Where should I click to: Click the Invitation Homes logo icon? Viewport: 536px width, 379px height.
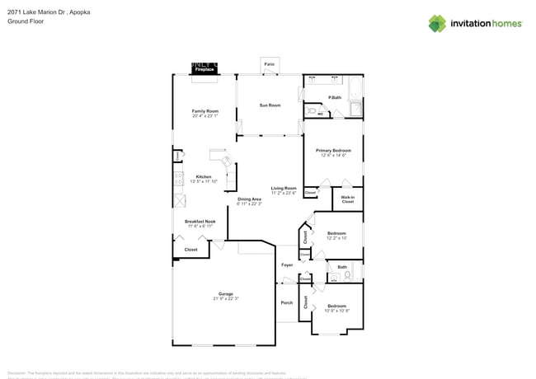(x=437, y=23)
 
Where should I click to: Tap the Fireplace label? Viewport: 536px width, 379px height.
(x=204, y=70)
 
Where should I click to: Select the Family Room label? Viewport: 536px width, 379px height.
(x=205, y=111)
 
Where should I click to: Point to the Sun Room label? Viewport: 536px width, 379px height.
(x=270, y=105)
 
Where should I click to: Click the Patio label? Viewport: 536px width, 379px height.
(x=269, y=63)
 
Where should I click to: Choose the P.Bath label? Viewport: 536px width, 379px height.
(x=335, y=98)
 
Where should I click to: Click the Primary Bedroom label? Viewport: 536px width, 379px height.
(x=334, y=151)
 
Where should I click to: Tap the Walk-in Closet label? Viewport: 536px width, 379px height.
(x=348, y=199)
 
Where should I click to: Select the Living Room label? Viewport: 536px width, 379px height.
(x=284, y=189)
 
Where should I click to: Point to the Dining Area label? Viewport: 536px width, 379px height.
(x=249, y=199)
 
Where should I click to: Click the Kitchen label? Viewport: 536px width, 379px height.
(x=204, y=177)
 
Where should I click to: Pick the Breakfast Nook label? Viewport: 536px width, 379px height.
(x=200, y=222)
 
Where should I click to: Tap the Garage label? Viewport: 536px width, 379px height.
(x=225, y=294)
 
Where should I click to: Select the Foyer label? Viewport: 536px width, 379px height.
(x=287, y=265)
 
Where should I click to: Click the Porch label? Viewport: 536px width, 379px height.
(x=287, y=302)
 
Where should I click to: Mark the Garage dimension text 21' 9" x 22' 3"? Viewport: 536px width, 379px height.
(x=225, y=299)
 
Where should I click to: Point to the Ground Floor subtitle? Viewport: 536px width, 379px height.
(x=25, y=22)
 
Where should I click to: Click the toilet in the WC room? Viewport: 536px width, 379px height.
(x=313, y=110)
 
